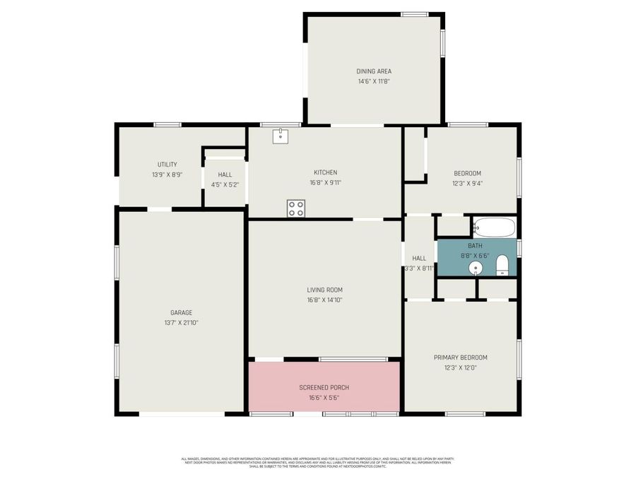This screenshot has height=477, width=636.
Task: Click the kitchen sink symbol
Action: (x=281, y=135)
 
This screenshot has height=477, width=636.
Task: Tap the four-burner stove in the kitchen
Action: (x=296, y=208)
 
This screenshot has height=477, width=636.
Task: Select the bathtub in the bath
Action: (x=495, y=228)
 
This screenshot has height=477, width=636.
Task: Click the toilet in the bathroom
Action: (x=502, y=266)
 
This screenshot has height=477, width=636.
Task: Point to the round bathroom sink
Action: (x=476, y=268)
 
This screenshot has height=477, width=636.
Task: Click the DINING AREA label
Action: (x=373, y=71)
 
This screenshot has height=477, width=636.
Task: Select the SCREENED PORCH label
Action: (x=324, y=387)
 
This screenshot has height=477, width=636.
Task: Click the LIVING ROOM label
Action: (x=324, y=290)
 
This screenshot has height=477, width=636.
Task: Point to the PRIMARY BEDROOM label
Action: (x=460, y=358)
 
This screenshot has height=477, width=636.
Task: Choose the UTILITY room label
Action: (x=167, y=165)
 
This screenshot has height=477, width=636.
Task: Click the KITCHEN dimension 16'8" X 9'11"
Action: (x=325, y=182)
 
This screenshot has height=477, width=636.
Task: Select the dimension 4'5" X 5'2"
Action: (x=225, y=184)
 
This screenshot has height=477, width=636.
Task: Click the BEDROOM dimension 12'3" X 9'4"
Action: (x=467, y=183)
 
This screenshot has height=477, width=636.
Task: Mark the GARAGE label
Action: (x=181, y=312)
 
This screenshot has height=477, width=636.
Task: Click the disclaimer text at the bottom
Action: (x=317, y=462)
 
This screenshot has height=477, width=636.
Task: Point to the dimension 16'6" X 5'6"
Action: (x=324, y=397)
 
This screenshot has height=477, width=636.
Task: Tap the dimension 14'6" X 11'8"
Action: (x=373, y=81)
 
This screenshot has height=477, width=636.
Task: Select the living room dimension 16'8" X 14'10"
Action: (x=324, y=300)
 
